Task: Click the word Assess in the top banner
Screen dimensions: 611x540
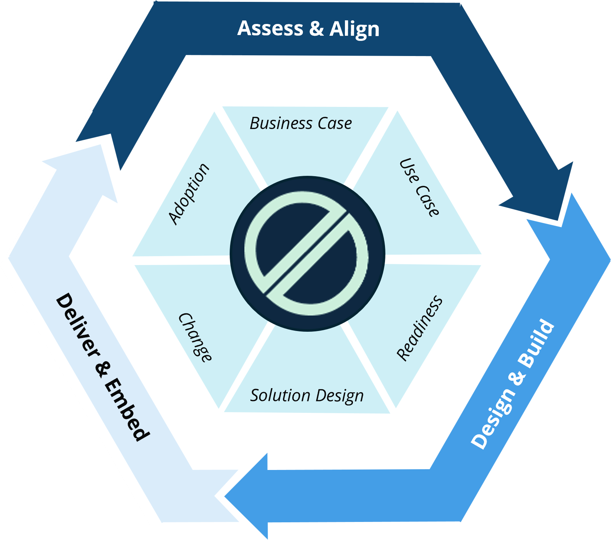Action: tap(271, 28)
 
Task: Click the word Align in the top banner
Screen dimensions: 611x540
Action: tap(354, 29)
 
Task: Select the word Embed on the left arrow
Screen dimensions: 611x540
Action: tap(127, 409)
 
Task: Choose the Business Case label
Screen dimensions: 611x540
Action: tap(301, 123)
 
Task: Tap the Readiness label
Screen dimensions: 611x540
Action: tap(420, 328)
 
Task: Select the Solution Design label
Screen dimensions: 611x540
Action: tap(307, 396)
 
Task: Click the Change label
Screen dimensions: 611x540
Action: tap(195, 337)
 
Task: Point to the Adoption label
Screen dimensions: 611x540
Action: tap(189, 194)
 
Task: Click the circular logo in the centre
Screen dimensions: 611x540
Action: tap(307, 254)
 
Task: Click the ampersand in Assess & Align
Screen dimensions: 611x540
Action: tap(317, 28)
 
